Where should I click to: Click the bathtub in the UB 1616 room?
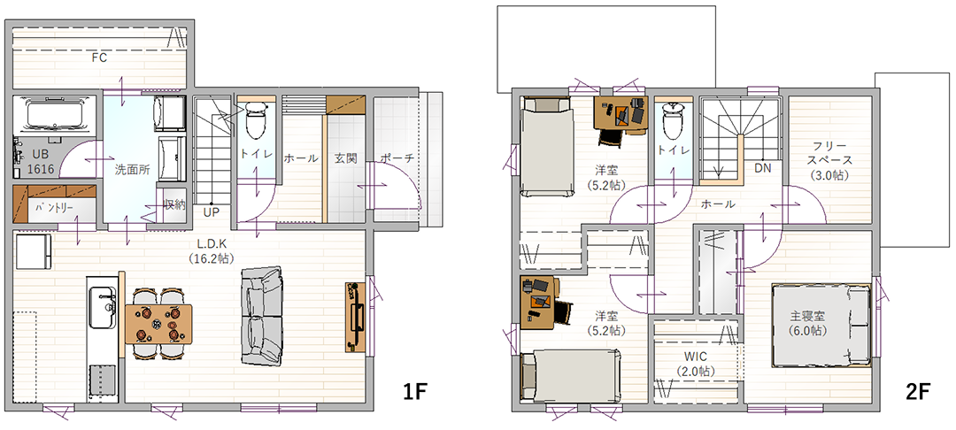tap(55, 116)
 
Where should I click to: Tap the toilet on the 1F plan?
tap(256, 120)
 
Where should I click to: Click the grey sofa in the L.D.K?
tap(262, 316)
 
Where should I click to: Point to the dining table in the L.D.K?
tap(158, 323)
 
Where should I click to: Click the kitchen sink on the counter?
tap(103, 307)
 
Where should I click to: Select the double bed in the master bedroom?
tap(821, 325)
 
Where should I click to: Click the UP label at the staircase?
tap(211, 212)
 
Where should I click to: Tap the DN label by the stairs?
tap(762, 167)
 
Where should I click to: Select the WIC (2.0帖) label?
tap(695, 363)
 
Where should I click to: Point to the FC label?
tap(99, 58)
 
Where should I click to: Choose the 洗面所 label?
tap(132, 169)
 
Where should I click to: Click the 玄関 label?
tap(345, 158)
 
